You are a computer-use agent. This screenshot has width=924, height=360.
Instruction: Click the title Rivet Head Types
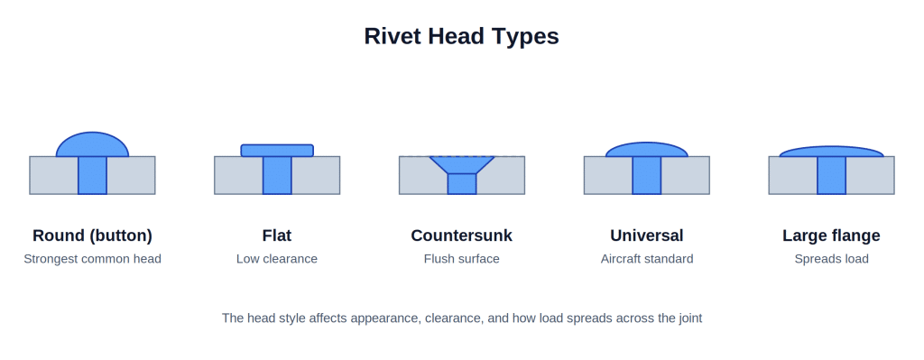(x=461, y=36)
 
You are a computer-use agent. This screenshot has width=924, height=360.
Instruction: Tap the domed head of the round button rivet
(x=93, y=145)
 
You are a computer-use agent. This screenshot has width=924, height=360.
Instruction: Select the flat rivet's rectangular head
(x=277, y=151)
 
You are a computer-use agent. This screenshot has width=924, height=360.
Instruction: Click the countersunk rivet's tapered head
(x=461, y=164)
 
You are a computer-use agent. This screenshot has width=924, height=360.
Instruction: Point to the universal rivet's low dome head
(x=646, y=151)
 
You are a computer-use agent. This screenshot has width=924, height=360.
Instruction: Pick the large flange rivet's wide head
(x=831, y=152)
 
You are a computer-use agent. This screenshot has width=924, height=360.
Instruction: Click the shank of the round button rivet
(x=93, y=175)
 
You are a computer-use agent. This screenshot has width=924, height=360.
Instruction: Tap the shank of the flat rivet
(x=277, y=175)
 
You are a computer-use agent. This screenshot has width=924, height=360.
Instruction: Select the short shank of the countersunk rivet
(x=461, y=184)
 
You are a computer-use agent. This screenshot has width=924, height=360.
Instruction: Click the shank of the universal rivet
(x=646, y=175)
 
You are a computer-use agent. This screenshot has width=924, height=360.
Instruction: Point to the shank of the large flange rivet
(x=831, y=175)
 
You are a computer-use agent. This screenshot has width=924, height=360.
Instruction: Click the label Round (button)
(x=93, y=235)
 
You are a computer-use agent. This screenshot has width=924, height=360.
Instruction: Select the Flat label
(x=277, y=235)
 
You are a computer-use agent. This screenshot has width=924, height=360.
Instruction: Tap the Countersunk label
(x=461, y=235)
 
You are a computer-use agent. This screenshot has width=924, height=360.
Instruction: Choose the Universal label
(x=646, y=235)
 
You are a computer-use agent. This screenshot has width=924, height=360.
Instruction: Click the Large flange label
(x=831, y=235)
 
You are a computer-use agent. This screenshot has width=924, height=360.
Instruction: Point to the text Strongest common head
(x=93, y=259)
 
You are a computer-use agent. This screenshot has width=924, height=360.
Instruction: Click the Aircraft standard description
(x=646, y=259)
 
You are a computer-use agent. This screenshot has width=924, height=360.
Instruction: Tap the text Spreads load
(x=831, y=259)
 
